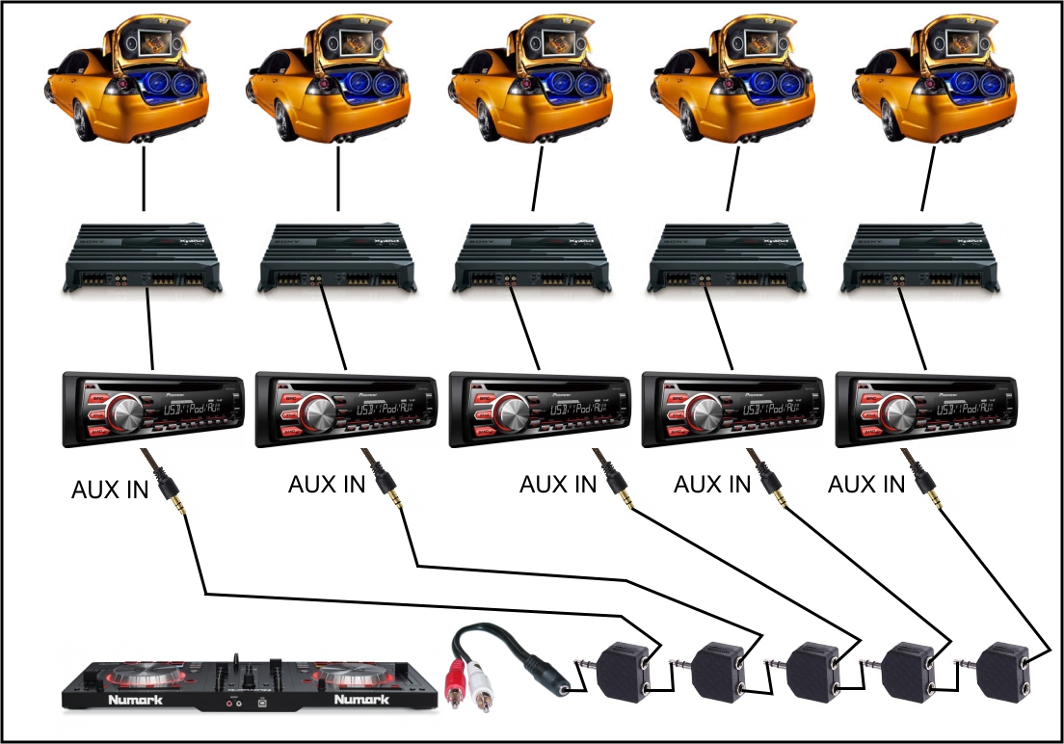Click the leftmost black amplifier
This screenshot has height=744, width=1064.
point(145,260)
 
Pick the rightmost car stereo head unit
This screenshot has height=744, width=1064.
point(926,409)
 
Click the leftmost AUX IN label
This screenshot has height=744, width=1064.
point(110,491)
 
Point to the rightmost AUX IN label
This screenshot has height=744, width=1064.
point(866,484)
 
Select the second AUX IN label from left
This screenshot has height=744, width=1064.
point(327,484)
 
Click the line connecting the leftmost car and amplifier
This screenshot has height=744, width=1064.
point(144,177)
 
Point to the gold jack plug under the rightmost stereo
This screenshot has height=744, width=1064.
point(932,497)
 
